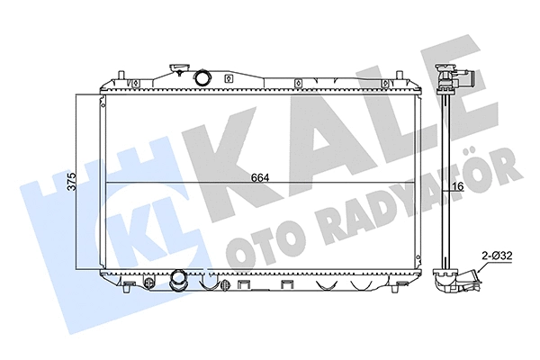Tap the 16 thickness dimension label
coord(457,186)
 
